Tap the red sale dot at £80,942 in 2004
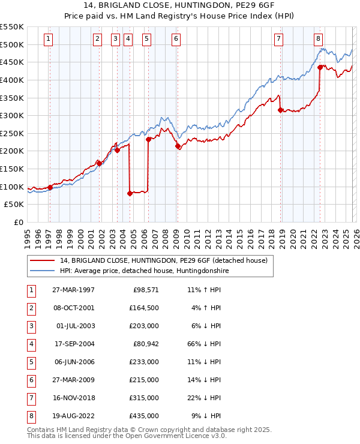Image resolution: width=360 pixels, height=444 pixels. coord(130,193)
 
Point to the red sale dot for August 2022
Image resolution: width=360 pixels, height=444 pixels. coord(320,67)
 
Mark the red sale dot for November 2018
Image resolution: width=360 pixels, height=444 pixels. coord(280,110)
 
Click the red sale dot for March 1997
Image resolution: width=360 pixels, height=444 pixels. coord(50,187)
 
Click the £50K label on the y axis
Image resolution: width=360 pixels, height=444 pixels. coord(14,204)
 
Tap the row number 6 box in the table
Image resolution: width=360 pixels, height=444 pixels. coord(30,380)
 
